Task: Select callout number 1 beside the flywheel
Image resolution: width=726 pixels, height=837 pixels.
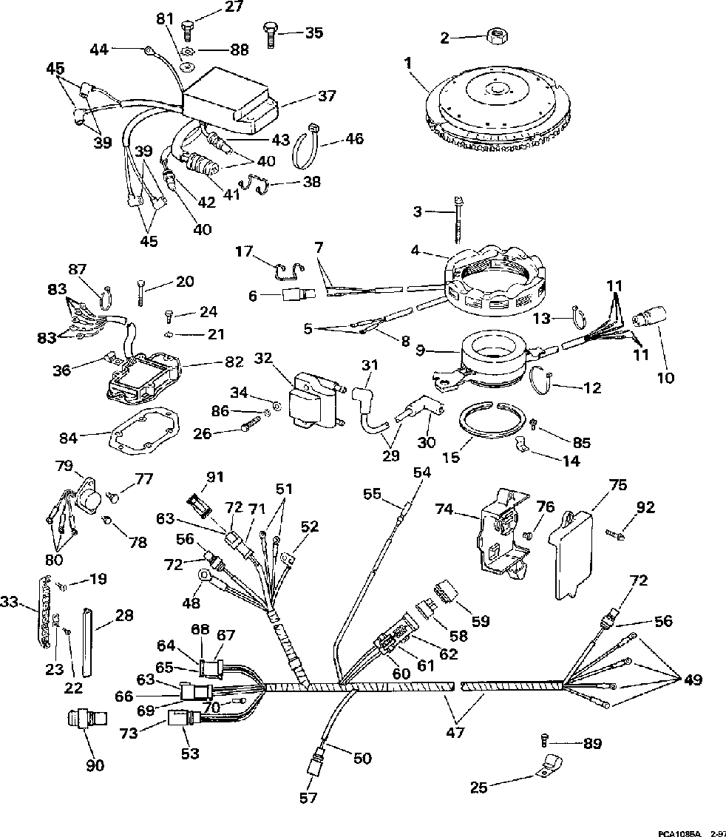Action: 406,64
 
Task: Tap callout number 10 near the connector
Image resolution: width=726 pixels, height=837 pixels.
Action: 665,377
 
